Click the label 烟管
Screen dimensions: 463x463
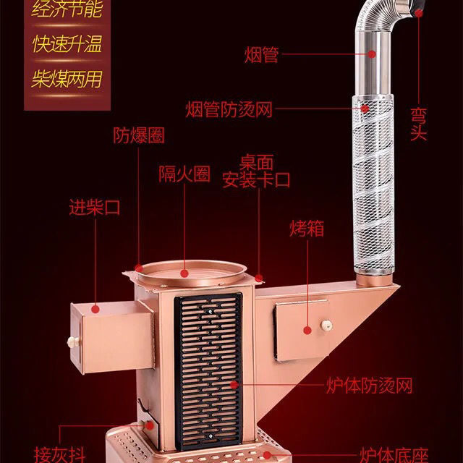pos(261,54)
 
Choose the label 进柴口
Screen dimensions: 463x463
pos(94,208)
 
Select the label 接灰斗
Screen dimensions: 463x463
pos(61,455)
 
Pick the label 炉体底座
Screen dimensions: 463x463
pos(396,455)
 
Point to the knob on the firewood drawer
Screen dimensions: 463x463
pos(72,341)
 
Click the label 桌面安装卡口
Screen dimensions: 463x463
pos(256,171)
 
